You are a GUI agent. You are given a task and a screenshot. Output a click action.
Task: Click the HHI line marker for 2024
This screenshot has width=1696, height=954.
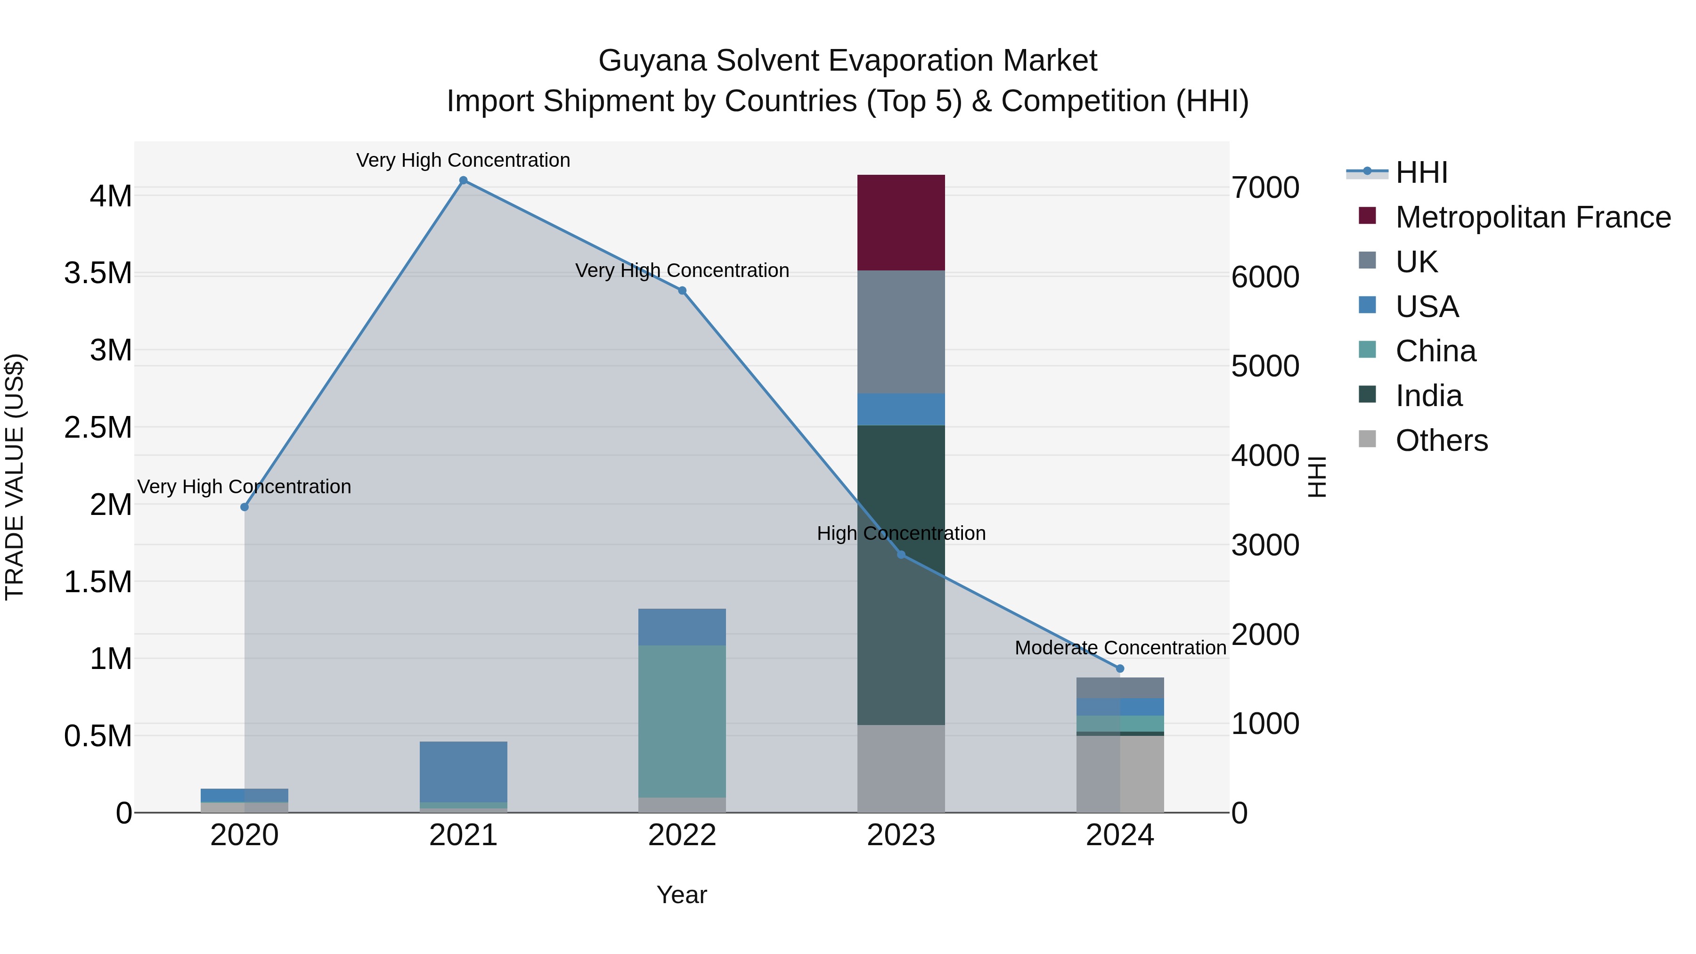pos(1119,668)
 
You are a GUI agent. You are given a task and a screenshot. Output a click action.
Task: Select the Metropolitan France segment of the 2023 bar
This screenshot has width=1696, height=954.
pos(901,222)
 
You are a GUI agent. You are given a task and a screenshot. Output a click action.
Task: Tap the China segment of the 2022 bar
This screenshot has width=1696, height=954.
pos(682,721)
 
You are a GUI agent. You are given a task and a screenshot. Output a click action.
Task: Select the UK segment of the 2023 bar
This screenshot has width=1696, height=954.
pos(901,332)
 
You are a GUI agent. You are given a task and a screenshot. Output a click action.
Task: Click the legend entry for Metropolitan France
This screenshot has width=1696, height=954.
pos(1533,217)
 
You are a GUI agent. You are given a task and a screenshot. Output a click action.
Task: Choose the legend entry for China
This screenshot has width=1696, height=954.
pos(1435,351)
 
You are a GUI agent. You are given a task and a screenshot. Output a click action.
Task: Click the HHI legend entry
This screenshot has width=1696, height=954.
pos(1421,172)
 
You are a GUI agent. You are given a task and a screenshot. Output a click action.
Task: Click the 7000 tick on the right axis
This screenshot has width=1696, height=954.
pos(1265,188)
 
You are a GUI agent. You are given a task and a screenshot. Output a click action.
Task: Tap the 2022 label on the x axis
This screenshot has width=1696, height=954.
pos(682,835)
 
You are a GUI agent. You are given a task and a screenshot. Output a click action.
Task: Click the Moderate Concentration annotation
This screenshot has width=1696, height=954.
pos(1120,648)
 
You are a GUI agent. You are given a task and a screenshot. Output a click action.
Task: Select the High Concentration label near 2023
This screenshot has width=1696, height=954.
pos(901,533)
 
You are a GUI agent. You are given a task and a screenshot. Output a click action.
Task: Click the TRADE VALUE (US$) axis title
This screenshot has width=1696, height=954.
pos(15,477)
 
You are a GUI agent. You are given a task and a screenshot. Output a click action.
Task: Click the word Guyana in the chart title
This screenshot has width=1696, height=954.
pos(652,61)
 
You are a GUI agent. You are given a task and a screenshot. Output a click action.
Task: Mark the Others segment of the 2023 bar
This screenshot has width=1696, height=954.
pos(901,768)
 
